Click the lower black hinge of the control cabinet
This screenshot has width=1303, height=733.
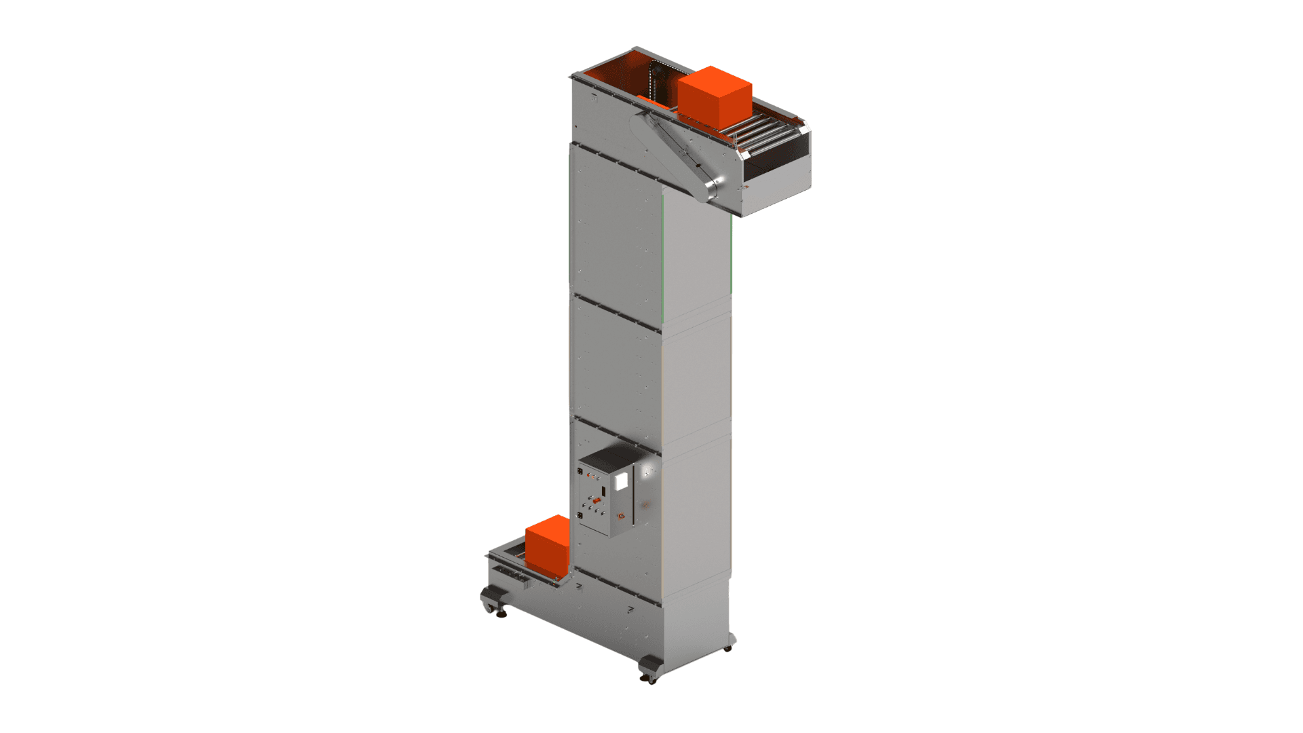tap(580, 515)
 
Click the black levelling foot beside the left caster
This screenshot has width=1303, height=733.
tap(502, 614)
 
